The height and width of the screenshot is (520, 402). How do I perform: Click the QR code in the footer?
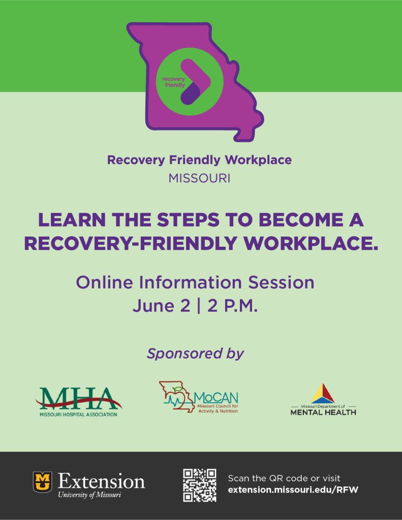click(200, 485)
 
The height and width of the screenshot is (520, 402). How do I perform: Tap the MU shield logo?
click(42, 482)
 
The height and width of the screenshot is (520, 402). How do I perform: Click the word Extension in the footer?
click(101, 480)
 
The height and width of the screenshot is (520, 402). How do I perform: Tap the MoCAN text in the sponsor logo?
click(216, 398)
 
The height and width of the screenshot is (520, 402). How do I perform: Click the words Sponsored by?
click(195, 353)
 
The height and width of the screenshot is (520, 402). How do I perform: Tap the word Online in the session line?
click(106, 282)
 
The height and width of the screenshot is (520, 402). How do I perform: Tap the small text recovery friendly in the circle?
click(173, 82)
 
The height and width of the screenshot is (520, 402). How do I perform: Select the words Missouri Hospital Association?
click(78, 414)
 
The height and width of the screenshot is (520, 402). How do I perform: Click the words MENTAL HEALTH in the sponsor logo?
click(323, 412)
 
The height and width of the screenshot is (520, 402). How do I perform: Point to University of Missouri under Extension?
click(89, 495)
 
